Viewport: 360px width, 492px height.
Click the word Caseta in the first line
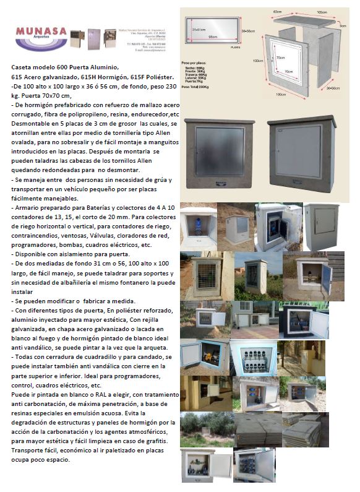[x=23, y=66]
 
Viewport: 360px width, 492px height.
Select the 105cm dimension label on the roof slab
[x=321, y=12]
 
